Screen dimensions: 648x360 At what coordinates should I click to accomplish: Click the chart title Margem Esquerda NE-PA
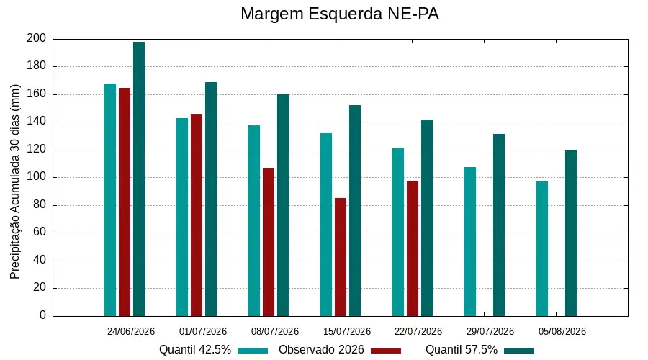click(339, 14)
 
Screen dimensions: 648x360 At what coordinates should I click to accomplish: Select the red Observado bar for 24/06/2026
click(125, 202)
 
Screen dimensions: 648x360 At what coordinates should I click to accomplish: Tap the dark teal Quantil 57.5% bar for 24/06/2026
click(139, 179)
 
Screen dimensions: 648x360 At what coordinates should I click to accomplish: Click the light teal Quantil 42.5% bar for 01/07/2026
click(182, 217)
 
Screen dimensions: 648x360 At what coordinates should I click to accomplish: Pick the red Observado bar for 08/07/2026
click(269, 243)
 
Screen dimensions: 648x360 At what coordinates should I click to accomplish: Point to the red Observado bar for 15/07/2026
click(341, 257)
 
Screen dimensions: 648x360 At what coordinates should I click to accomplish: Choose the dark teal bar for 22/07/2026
click(427, 218)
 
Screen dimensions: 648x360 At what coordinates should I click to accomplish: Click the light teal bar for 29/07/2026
click(470, 242)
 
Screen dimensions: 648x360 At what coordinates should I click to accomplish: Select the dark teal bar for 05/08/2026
click(571, 233)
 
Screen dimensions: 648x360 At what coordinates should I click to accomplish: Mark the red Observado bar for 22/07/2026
click(413, 248)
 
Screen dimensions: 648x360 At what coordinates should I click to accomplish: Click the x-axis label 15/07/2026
click(347, 331)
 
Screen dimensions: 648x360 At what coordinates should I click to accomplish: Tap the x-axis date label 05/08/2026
click(562, 331)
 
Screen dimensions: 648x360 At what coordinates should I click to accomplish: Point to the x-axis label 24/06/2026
click(130, 331)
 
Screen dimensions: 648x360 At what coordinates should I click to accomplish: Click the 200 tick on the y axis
click(37, 38)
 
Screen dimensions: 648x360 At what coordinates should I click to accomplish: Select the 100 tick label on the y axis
click(37, 177)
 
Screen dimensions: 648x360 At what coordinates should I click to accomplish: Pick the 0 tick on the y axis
click(42, 315)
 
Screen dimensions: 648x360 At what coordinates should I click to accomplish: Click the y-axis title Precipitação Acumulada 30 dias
click(15, 182)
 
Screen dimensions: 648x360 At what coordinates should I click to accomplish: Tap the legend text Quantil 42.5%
click(195, 350)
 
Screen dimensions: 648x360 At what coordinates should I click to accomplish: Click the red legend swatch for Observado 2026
click(386, 351)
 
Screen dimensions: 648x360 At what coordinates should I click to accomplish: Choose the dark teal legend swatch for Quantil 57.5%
click(519, 351)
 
